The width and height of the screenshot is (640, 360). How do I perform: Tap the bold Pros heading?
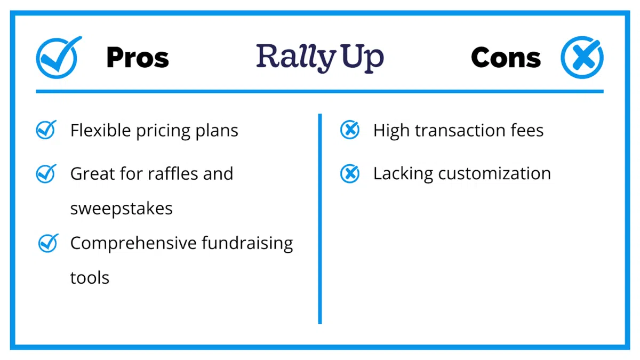pyautogui.click(x=138, y=58)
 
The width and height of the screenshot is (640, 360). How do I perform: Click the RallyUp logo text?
pyautogui.click(x=319, y=58)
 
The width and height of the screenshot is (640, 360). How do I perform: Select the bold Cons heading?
pyautogui.click(x=506, y=58)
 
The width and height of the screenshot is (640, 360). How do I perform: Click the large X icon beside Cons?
pyautogui.click(x=582, y=58)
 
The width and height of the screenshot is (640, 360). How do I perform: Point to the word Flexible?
pyautogui.click(x=101, y=130)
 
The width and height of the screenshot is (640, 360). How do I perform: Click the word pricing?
pyautogui.click(x=163, y=131)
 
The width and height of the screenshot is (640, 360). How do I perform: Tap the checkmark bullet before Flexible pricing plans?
pyautogui.click(x=46, y=130)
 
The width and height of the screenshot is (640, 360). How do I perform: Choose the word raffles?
pyautogui.click(x=173, y=173)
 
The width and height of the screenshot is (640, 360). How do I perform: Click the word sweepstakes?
pyautogui.click(x=122, y=209)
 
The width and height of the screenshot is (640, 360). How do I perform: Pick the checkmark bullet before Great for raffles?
pyautogui.click(x=46, y=173)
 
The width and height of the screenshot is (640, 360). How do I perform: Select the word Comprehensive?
pyautogui.click(x=133, y=244)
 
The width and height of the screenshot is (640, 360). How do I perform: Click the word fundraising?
pyautogui.click(x=247, y=244)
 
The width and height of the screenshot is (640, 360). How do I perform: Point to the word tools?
pyautogui.click(x=90, y=278)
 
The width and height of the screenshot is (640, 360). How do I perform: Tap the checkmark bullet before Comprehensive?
pyautogui.click(x=48, y=243)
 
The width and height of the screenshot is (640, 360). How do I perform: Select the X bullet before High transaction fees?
pyautogui.click(x=350, y=130)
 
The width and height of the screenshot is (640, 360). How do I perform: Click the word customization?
pyautogui.click(x=494, y=174)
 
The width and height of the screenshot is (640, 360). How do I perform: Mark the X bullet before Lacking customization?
pyautogui.click(x=350, y=173)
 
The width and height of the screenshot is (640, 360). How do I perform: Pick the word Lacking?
pyautogui.click(x=403, y=174)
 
